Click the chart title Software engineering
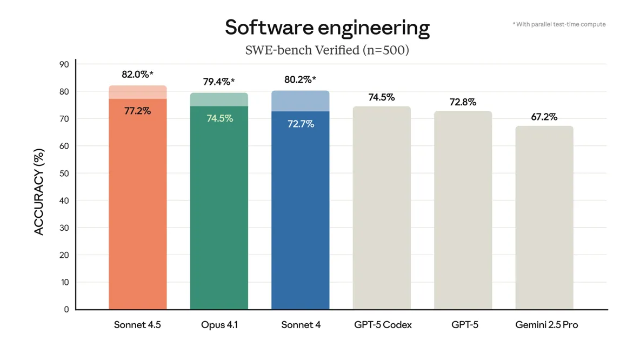327,28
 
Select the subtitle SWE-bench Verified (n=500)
327,50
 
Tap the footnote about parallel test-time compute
559,24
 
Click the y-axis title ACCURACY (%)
39,192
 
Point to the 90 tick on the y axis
64,64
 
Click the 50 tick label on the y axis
64,174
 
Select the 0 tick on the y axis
66,310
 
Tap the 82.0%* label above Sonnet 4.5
137,75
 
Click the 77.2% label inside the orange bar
137,111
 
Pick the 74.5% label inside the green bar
219,118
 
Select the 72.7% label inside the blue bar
301,124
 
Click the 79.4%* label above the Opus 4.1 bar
219,82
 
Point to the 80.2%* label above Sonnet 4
300,80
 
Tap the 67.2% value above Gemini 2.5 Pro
544,117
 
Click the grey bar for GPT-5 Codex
382,211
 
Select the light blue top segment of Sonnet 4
301,101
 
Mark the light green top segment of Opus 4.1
219,99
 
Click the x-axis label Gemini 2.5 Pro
546,325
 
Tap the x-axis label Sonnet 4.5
137,325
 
